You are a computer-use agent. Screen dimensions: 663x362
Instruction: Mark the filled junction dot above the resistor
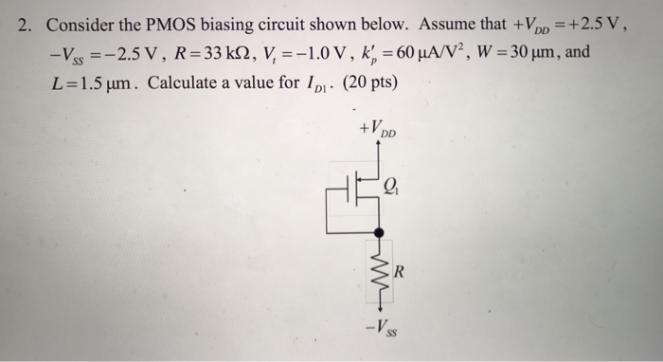[379, 232]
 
